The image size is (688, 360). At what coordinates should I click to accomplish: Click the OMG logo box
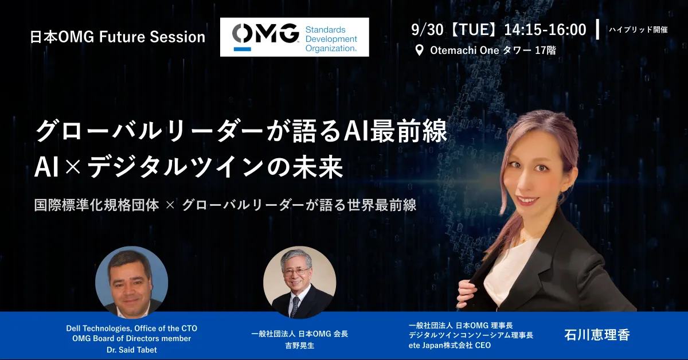pyautogui.click(x=295, y=37)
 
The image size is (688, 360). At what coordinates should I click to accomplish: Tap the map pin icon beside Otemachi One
pyautogui.click(x=419, y=50)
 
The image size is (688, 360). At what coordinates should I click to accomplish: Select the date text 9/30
pyautogui.click(x=427, y=30)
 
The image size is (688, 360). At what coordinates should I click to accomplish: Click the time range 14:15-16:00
pyautogui.click(x=545, y=30)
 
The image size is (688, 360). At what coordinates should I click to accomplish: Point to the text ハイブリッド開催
pyautogui.click(x=638, y=29)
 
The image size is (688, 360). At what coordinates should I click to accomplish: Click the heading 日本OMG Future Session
pyautogui.click(x=118, y=37)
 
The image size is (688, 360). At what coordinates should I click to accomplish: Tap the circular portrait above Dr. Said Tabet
pyautogui.click(x=131, y=282)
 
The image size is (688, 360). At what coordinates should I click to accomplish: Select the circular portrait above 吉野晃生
pyautogui.click(x=299, y=282)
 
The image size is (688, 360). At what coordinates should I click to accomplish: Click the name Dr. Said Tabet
pyautogui.click(x=132, y=350)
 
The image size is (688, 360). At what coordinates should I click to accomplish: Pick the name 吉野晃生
pyautogui.click(x=300, y=346)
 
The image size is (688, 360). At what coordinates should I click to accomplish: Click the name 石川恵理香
pyautogui.click(x=597, y=335)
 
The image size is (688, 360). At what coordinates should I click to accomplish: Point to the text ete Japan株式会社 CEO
pyautogui.click(x=449, y=345)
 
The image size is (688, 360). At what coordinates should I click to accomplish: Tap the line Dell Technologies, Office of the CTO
pyautogui.click(x=132, y=328)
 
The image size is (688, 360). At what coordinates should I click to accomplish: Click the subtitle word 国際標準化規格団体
pyautogui.click(x=96, y=205)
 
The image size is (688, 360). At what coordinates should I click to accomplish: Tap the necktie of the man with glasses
pyautogui.click(x=295, y=306)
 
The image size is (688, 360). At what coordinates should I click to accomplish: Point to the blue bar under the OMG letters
pyautogui.click(x=243, y=49)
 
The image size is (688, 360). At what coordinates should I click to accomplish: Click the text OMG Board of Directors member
pyautogui.click(x=132, y=338)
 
